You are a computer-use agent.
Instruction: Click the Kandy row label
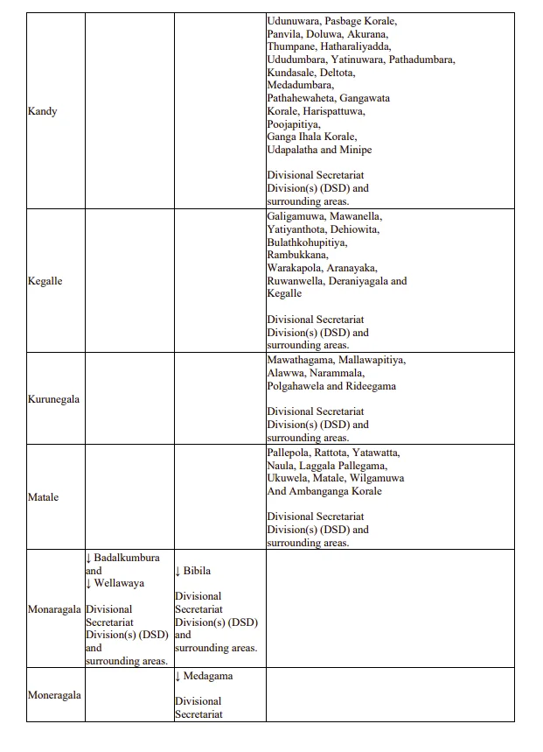tap(42, 112)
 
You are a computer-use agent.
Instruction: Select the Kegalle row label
tap(45, 282)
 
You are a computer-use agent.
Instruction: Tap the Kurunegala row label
tap(53, 399)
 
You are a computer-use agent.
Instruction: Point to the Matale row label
tap(43, 497)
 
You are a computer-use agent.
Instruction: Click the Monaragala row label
tap(54, 609)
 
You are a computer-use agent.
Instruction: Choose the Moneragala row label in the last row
tap(54, 695)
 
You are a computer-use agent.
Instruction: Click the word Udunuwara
tap(294, 21)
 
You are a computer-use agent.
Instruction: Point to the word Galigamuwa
tap(296, 216)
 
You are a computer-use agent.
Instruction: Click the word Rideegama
tap(371, 386)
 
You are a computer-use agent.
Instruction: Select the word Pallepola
tap(290, 453)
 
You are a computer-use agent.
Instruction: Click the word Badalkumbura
tap(127, 558)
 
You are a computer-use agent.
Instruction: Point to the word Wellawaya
tap(119, 583)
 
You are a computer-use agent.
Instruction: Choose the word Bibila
tap(197, 571)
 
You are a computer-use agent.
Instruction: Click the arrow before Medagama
tap(178, 676)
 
